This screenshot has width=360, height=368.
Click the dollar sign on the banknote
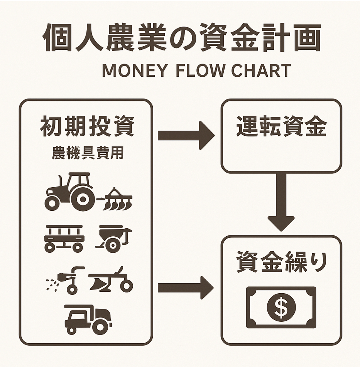281,307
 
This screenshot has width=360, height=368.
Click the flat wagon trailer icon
64,238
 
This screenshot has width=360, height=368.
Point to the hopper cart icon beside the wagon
113,238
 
